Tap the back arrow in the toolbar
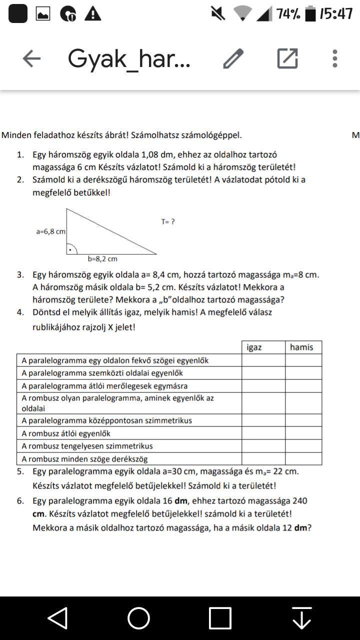coord(31,58)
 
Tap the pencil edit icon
coord(233,58)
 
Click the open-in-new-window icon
coord(287,58)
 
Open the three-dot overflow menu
coord(334,58)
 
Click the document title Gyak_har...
coord(129,59)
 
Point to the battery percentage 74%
coord(288,14)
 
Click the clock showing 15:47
coord(336,14)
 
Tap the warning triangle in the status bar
coord(92,14)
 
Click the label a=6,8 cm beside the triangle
coord(50,231)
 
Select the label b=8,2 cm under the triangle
coord(102,259)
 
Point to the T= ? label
coord(168,221)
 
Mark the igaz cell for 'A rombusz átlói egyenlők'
coord(263,433)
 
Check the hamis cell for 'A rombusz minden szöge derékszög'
coord(303,458)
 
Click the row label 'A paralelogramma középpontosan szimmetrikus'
coord(106,420)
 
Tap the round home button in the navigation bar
coord(138,618)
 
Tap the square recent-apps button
coord(220,618)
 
